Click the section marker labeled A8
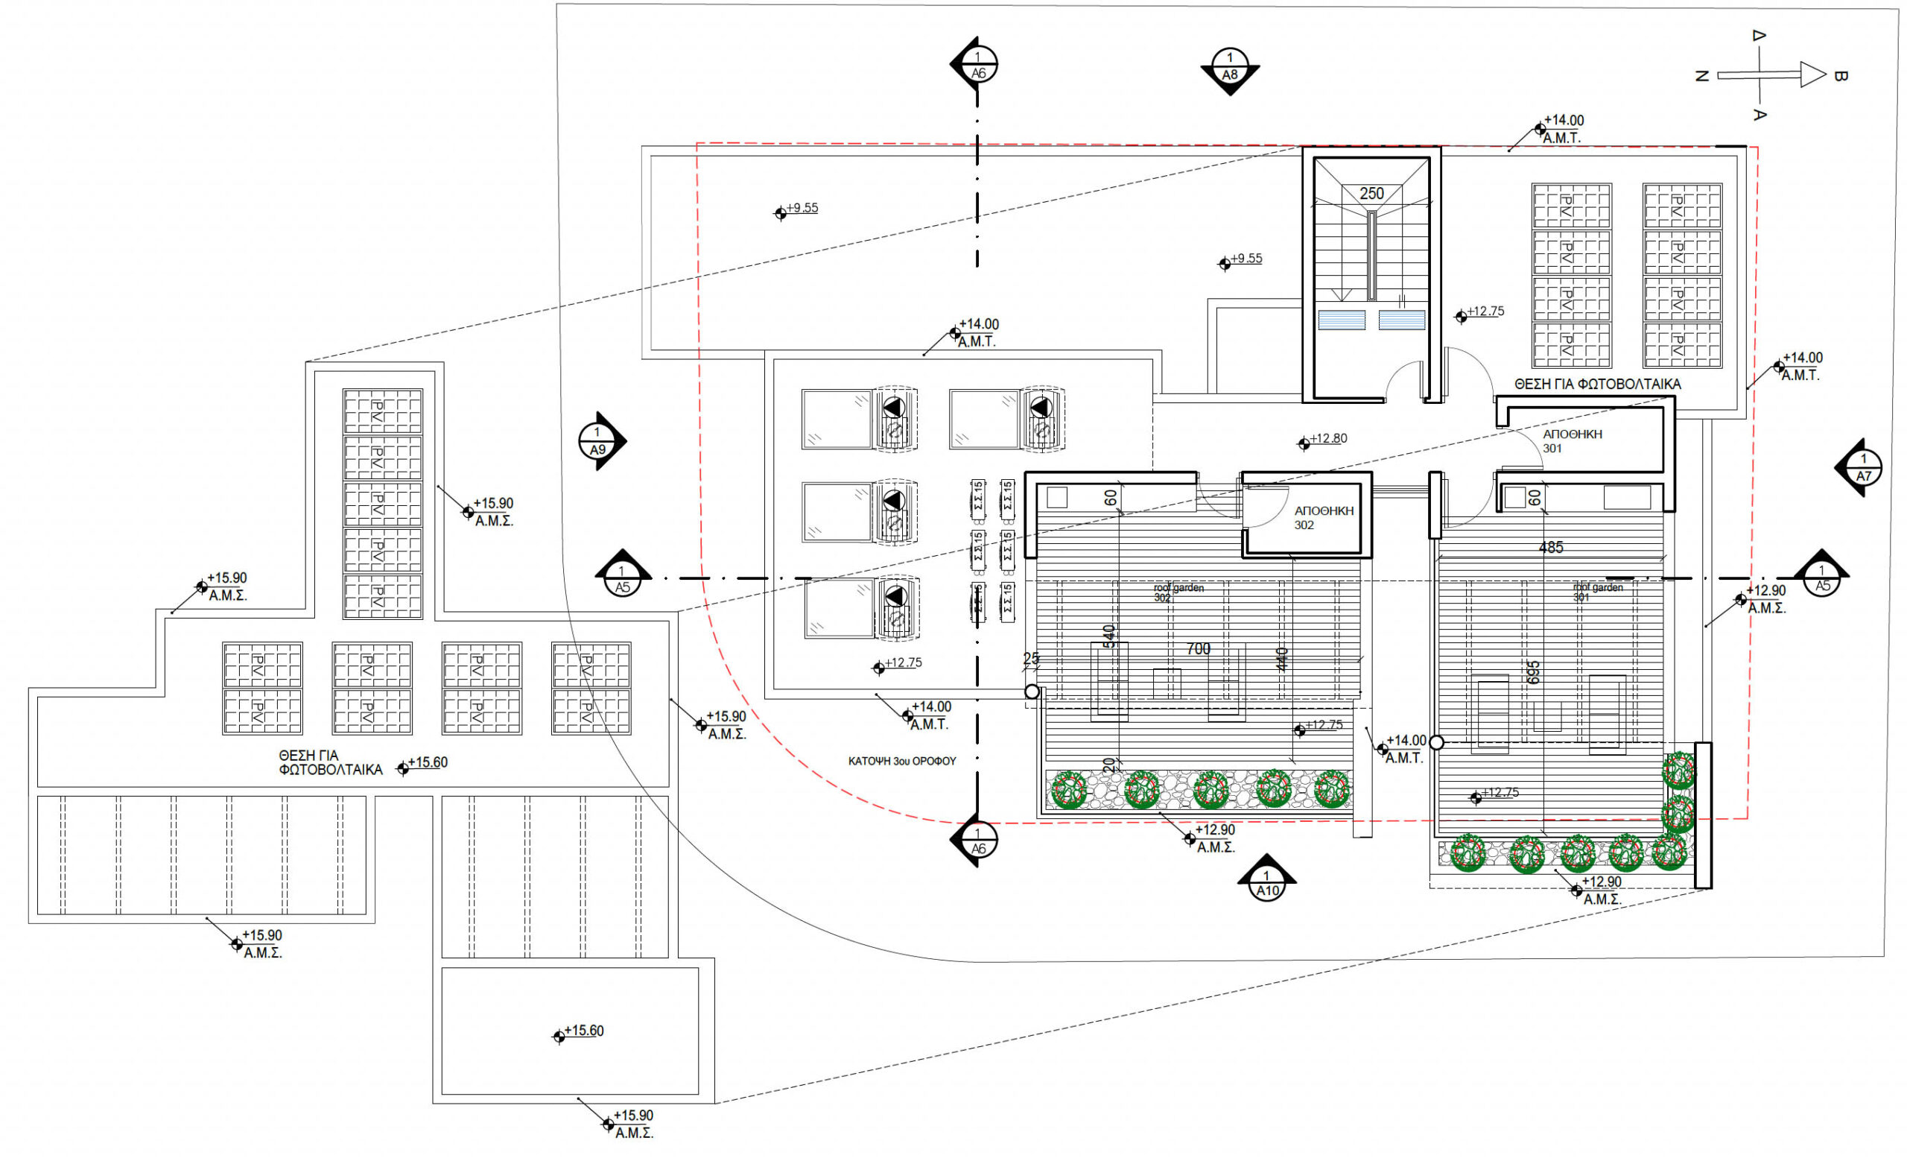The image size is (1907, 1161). (x=1230, y=67)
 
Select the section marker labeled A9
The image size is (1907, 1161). (x=597, y=441)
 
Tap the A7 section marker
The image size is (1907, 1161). (x=1863, y=468)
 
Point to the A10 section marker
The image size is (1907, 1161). (x=1267, y=883)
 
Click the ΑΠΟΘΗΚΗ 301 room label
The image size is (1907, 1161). (x=1572, y=441)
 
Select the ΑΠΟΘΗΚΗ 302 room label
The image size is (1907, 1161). (x=1324, y=518)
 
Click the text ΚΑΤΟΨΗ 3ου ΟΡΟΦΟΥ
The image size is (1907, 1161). (x=901, y=762)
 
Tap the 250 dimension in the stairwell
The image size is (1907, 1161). (x=1371, y=194)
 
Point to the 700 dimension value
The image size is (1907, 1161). (x=1198, y=648)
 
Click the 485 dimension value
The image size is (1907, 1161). (x=1551, y=547)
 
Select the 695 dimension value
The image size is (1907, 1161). (x=1534, y=672)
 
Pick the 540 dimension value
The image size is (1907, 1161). (x=1109, y=636)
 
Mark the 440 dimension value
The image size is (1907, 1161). (x=1282, y=659)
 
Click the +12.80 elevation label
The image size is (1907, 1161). (x=1328, y=439)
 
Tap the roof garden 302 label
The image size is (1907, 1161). (x=1178, y=593)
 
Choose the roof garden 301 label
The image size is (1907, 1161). (x=1597, y=592)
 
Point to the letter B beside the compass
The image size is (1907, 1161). (x=1841, y=76)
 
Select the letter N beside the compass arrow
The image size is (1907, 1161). (x=1701, y=76)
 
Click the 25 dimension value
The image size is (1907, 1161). (x=1032, y=658)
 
